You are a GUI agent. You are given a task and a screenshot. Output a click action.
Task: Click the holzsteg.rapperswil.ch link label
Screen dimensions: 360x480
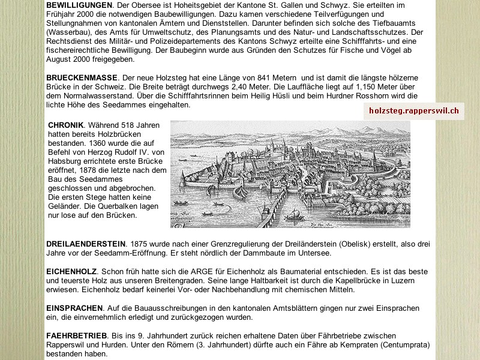(413, 111)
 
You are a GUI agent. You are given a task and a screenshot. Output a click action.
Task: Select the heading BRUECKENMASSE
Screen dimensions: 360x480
(82, 79)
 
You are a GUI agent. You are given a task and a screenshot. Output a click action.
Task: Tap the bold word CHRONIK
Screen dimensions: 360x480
(65, 125)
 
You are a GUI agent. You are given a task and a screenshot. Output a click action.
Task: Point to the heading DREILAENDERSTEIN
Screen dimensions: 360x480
(86, 244)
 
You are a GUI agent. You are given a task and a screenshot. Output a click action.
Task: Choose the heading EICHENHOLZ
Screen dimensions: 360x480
(71, 272)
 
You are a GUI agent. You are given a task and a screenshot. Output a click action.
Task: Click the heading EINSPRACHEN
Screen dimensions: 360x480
(75, 308)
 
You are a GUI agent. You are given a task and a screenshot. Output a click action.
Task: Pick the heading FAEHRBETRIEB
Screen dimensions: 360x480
(76, 335)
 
